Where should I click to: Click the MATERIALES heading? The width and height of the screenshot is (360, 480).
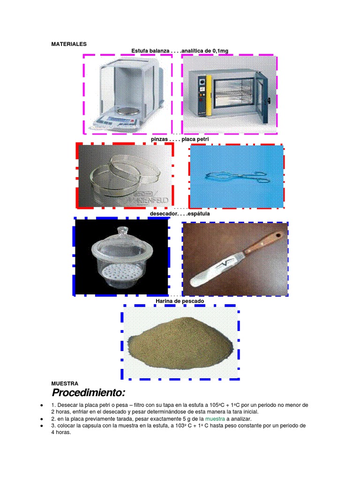[69, 44]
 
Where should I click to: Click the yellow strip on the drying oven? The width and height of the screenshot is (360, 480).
[209, 96]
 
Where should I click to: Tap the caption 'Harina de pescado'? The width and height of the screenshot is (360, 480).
[180, 301]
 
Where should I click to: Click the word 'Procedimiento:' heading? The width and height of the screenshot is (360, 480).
[89, 392]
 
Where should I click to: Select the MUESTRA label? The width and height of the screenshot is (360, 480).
[65, 383]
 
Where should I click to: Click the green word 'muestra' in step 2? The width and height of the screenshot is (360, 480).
[215, 419]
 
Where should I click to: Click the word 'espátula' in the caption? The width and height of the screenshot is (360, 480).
[199, 214]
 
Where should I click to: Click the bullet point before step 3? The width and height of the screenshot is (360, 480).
[42, 426]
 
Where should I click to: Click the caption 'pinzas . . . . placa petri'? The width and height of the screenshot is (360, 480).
[180, 139]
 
